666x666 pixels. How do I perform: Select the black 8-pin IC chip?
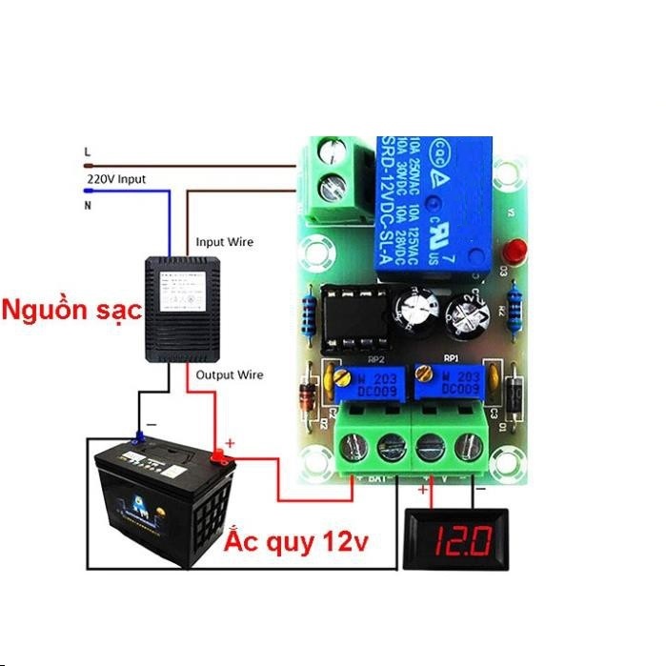(355, 318)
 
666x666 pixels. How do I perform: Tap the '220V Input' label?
(116, 179)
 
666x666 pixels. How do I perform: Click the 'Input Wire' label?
(225, 242)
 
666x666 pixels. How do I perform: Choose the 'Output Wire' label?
(229, 375)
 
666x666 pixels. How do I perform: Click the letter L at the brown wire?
(88, 151)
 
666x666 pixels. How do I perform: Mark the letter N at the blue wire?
(88, 204)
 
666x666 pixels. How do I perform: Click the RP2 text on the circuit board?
(374, 361)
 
